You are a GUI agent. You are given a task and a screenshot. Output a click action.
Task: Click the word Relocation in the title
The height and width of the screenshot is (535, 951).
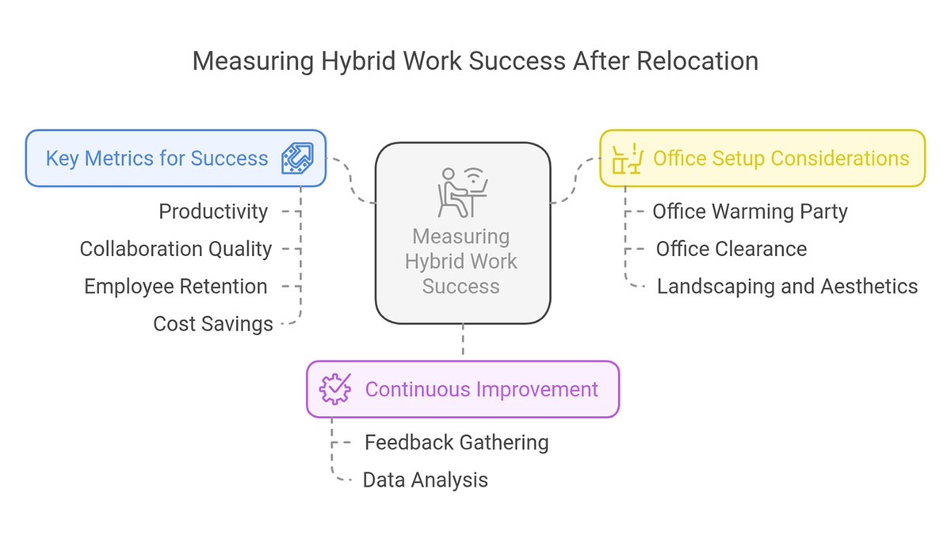coord(697,61)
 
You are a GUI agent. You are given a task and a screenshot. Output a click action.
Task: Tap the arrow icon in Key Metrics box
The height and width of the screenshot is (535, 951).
coord(298,158)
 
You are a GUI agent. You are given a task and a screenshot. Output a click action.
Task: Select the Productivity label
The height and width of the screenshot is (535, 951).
coord(213,212)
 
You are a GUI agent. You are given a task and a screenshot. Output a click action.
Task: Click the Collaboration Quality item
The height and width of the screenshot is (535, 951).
coord(176,249)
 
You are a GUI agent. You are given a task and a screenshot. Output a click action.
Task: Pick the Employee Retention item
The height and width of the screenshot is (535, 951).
coord(176,286)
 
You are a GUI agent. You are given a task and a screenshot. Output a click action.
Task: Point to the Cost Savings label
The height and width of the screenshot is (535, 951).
coord(213,324)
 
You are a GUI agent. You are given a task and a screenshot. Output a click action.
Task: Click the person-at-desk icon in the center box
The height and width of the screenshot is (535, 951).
coord(463,193)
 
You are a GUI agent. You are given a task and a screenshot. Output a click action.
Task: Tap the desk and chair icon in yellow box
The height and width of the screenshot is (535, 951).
coord(628,159)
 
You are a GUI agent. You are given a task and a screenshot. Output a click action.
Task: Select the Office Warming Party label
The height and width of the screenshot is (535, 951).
coord(750,212)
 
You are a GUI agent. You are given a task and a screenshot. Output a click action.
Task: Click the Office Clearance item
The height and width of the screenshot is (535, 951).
coord(731,249)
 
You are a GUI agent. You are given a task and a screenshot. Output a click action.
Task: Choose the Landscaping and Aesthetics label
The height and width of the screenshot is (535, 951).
coord(788,286)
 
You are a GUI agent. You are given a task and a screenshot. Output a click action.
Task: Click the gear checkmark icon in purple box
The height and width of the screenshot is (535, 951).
coord(335,389)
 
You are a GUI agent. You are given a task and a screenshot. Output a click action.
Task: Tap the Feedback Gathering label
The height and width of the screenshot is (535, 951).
coord(456,442)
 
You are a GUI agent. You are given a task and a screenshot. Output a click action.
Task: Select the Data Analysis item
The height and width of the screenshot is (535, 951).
coord(426,480)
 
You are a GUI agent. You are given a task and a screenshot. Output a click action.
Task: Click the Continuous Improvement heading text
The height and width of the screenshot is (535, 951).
coord(482,389)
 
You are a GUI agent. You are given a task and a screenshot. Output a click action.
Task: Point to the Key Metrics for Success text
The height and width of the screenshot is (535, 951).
coord(157,159)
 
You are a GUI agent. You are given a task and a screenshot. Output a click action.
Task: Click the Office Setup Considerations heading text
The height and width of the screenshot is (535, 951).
coord(781,159)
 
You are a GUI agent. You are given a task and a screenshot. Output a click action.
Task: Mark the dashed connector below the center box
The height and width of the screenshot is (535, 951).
coord(463,339)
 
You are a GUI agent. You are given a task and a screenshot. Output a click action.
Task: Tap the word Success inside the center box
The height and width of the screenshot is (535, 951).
coord(460,286)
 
